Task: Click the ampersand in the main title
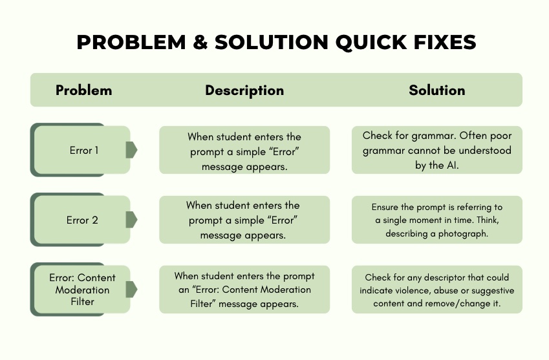pyautogui.click(x=200, y=42)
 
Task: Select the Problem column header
pyautogui.click(x=84, y=90)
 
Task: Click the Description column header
pyautogui.click(x=244, y=90)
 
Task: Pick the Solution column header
pyautogui.click(x=437, y=90)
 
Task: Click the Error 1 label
pyautogui.click(x=84, y=151)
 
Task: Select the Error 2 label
pyautogui.click(x=82, y=220)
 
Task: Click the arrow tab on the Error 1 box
pyautogui.click(x=131, y=150)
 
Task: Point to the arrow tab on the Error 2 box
pyautogui.click(x=131, y=219)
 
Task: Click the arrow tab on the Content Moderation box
pyautogui.click(x=131, y=289)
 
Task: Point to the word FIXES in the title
pyautogui.click(x=445, y=42)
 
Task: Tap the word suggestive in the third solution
pyautogui.click(x=493, y=291)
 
